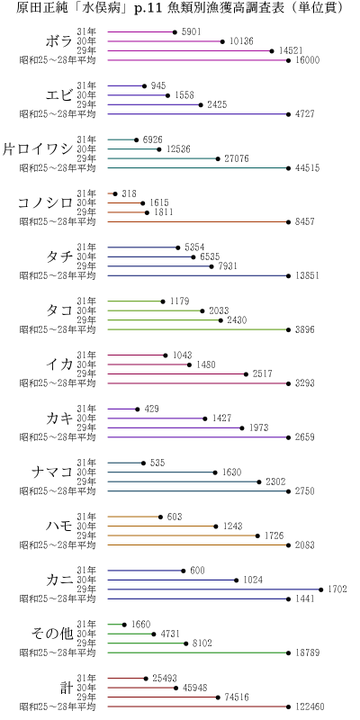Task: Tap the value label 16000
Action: (x=306, y=61)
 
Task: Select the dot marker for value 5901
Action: (x=175, y=32)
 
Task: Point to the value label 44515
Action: (x=306, y=168)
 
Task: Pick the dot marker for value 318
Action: (x=113, y=193)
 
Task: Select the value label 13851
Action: (x=306, y=275)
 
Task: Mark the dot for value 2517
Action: (x=246, y=373)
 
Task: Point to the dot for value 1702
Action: (x=320, y=589)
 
